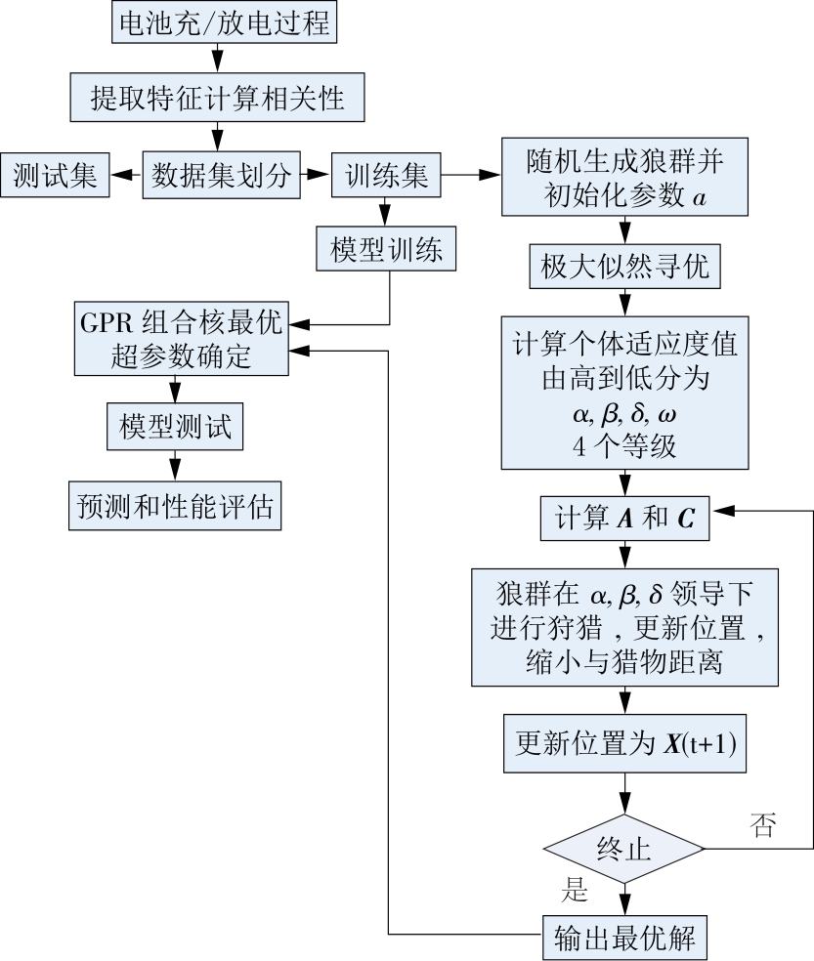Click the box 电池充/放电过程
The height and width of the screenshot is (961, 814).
(223, 23)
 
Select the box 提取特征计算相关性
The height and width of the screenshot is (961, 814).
(217, 99)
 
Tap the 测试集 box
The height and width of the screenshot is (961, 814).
(55, 175)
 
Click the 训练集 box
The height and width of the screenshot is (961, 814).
(386, 175)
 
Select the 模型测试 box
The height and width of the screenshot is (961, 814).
(175, 427)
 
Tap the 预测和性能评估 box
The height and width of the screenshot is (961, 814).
(175, 505)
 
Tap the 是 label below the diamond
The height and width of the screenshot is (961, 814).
(578, 889)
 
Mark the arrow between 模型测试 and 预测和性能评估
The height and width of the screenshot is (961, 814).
(175, 464)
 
